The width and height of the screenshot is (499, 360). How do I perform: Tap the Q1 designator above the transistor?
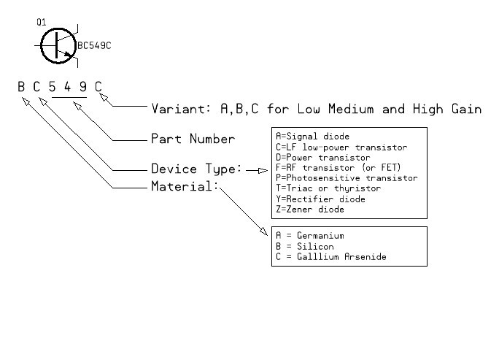tap(42, 23)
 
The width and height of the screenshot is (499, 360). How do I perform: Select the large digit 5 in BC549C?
tap(52, 86)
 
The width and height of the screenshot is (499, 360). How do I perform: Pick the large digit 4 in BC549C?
tap(67, 86)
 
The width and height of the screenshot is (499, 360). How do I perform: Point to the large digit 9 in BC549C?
tap(82, 86)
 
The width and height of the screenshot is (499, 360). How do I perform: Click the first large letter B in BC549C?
tap(22, 86)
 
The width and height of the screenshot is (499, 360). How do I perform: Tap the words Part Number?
tap(193, 139)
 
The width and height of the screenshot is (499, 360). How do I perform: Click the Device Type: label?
tap(196, 169)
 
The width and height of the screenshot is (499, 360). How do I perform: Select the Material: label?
tap(185, 186)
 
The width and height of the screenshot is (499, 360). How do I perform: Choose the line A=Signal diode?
tap(312, 137)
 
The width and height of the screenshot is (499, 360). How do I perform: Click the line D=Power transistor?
tap(322, 157)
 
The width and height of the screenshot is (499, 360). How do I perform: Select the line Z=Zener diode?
tap(309, 209)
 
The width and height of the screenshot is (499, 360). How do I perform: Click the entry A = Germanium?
tap(309, 236)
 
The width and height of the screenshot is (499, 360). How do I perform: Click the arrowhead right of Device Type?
tap(264, 170)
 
